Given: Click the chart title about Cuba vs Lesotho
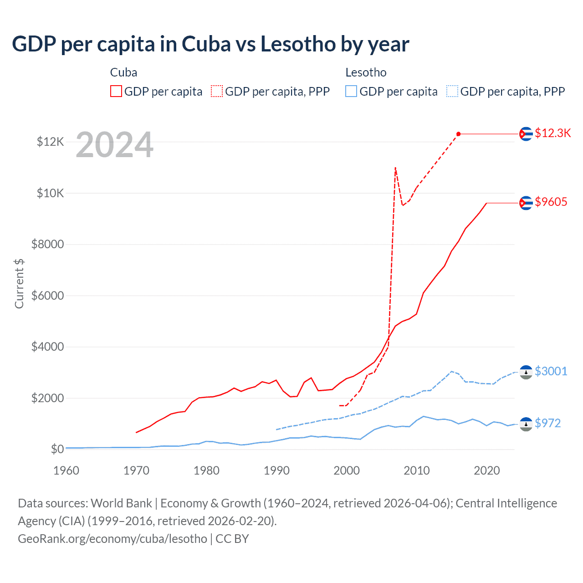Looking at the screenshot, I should [x=210, y=44].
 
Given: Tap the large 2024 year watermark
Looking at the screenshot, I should [x=114, y=145].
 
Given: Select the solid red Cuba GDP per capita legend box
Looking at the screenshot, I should [x=116, y=92].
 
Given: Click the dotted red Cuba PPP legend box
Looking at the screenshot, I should [x=217, y=92].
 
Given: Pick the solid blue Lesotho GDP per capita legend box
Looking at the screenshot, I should [x=351, y=92].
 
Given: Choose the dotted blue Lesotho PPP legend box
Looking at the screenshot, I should [x=452, y=92].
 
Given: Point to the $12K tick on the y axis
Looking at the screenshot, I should [x=51, y=142].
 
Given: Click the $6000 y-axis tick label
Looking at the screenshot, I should [x=47, y=296].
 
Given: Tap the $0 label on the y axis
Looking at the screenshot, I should [x=57, y=449].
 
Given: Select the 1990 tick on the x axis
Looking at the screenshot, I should [x=276, y=470].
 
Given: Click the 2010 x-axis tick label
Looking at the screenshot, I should [x=417, y=470].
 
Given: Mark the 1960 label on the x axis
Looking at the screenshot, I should [x=66, y=470].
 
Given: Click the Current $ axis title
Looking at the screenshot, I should [x=19, y=283].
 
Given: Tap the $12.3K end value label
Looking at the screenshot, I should [x=552, y=133].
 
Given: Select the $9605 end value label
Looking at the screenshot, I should [x=551, y=202].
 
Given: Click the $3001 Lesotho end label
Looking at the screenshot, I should [x=551, y=371].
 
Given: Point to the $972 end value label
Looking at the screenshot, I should [x=547, y=423].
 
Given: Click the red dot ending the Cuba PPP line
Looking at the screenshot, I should [x=459, y=134].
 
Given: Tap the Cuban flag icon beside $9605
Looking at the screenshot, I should [x=526, y=203].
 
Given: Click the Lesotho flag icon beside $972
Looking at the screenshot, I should [x=526, y=424].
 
